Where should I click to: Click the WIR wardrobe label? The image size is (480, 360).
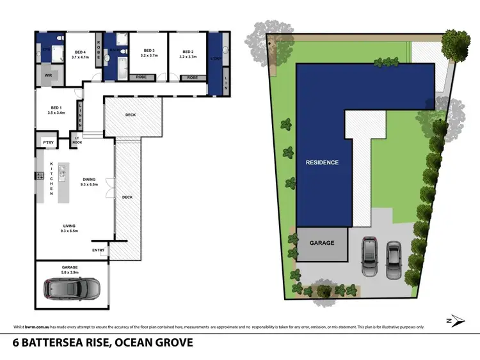(48, 75)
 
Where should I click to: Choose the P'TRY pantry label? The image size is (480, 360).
(47, 142)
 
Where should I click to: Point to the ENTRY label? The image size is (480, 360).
(99, 250)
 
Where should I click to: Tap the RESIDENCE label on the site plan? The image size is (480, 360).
(321, 162)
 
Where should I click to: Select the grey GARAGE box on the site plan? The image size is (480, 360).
(322, 243)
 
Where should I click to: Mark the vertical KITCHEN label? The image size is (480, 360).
(52, 180)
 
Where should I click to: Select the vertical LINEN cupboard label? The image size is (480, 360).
(80, 114)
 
